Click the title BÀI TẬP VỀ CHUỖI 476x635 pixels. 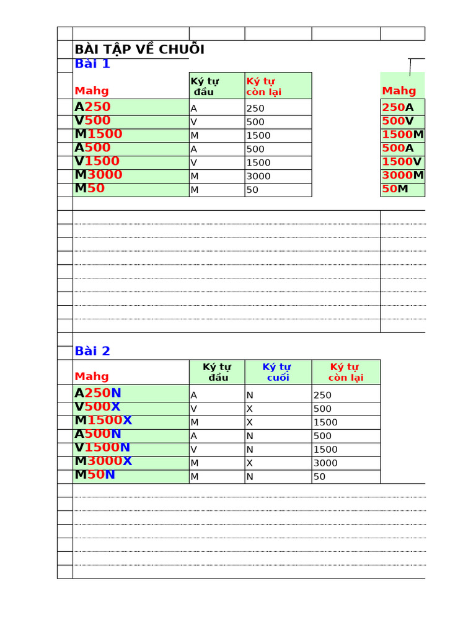click(x=139, y=50)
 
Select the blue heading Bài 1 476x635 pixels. click(x=92, y=63)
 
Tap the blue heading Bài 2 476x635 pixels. click(x=92, y=351)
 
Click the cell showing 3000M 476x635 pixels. click(x=403, y=175)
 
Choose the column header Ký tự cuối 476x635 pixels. click(x=277, y=372)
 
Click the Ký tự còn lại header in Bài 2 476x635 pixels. click(x=345, y=372)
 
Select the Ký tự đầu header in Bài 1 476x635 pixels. click(x=205, y=86)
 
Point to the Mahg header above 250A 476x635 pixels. click(x=399, y=91)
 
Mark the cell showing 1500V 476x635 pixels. click(x=402, y=161)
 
